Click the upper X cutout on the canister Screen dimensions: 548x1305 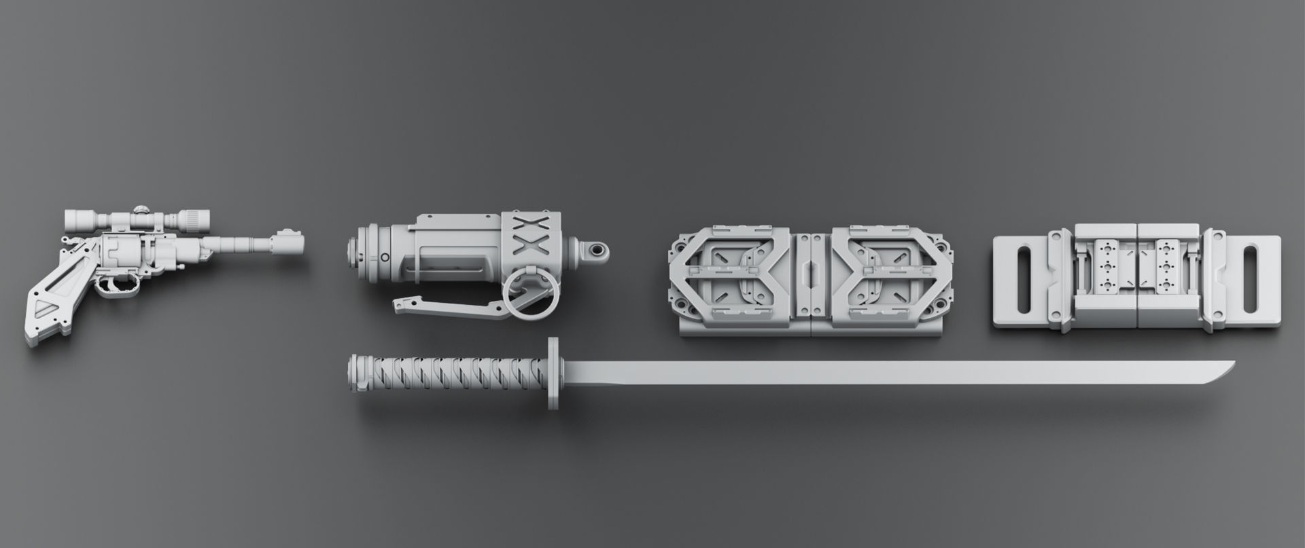point(525,225)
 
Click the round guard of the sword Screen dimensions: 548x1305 point(553,373)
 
